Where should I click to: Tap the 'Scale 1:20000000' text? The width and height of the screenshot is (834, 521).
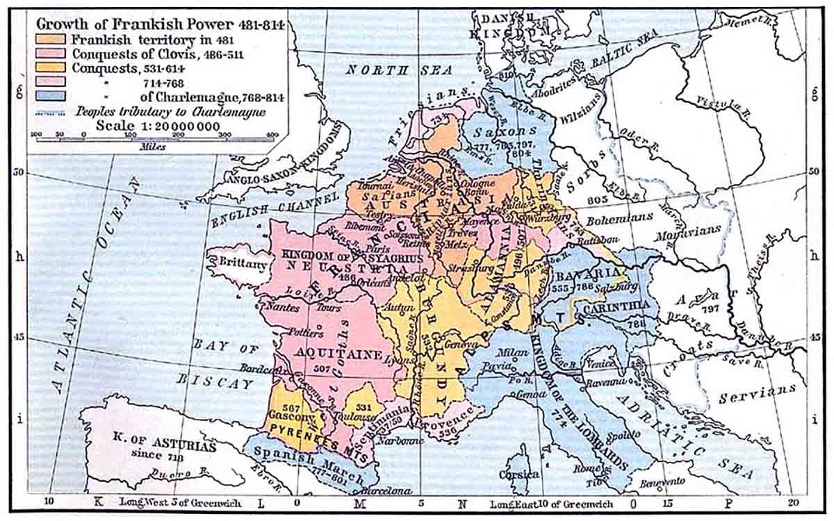[158, 126]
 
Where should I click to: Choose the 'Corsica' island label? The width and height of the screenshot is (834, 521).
[519, 474]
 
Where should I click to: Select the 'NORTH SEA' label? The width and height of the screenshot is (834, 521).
[399, 69]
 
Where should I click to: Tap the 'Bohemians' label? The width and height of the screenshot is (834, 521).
[619, 218]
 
